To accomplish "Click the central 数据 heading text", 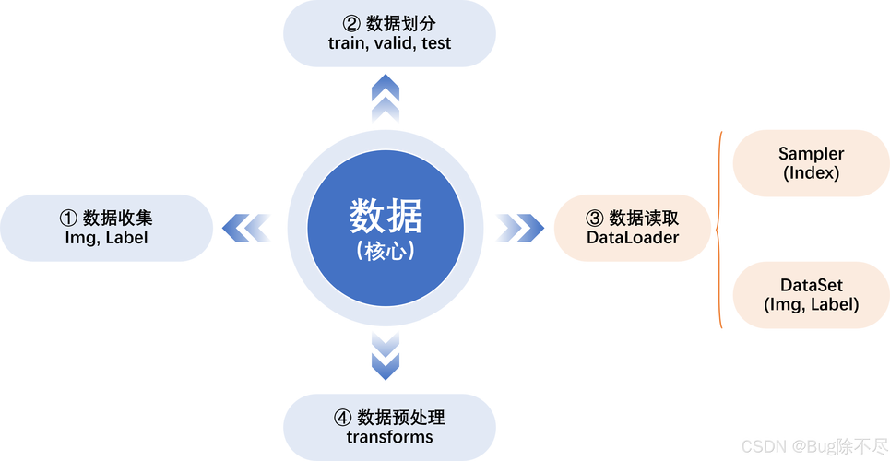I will (386, 217).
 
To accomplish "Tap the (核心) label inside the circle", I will (386, 250).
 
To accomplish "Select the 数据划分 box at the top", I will (389, 33).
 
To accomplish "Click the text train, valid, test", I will (389, 43).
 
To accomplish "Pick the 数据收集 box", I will (106, 227).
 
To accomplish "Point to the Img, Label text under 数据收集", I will (106, 238).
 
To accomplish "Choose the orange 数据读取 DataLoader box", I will (633, 227).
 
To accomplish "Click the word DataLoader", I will (633, 238).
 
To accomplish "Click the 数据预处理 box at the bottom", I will (389, 426).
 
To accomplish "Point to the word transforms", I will (389, 437).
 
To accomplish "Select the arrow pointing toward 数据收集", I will (247, 227).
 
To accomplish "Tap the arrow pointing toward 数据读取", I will (520, 227).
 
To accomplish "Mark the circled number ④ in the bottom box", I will (341, 417).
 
